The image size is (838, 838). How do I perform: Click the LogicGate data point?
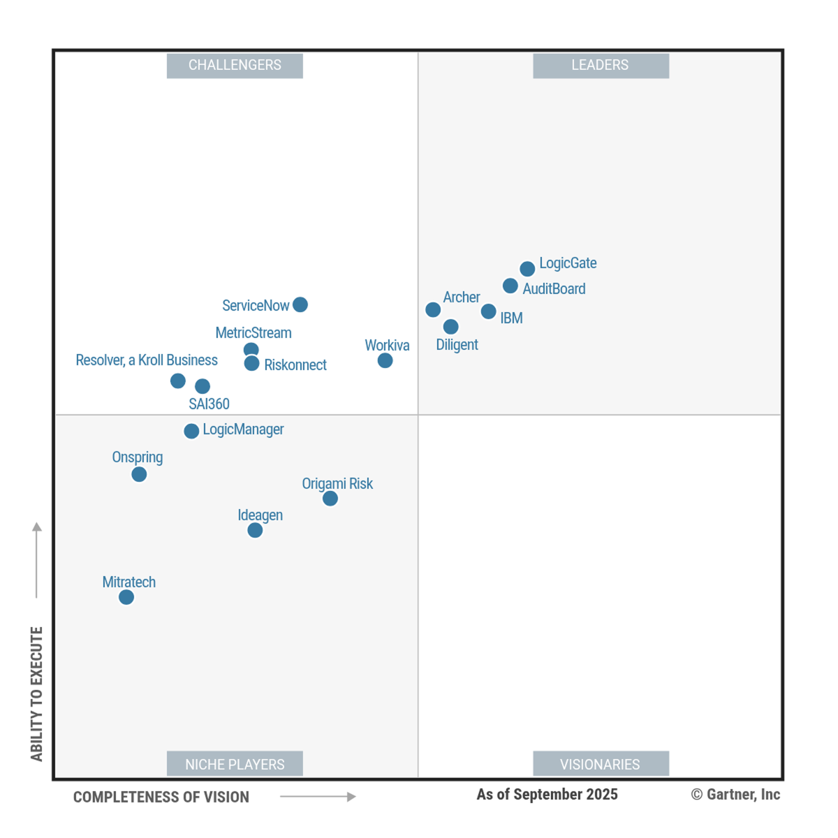click(x=527, y=269)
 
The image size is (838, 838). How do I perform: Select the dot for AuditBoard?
click(x=510, y=286)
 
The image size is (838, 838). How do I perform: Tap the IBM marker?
click(x=489, y=311)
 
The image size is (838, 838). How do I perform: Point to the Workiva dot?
click(x=385, y=360)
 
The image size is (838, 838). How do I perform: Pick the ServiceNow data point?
click(x=300, y=304)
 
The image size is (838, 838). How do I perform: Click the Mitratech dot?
click(x=126, y=597)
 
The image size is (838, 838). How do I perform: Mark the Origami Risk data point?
click(x=330, y=499)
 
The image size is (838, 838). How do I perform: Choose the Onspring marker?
click(x=139, y=474)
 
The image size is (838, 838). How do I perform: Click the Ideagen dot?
click(x=255, y=530)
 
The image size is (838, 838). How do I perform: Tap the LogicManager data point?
click(x=191, y=431)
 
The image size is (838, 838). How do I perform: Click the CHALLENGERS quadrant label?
click(x=235, y=66)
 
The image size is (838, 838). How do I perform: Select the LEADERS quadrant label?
click(x=601, y=66)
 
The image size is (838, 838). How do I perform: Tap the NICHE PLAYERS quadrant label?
click(x=235, y=764)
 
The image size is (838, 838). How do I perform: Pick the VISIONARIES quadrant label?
click(x=601, y=764)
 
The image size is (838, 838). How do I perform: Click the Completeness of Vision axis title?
click(x=161, y=797)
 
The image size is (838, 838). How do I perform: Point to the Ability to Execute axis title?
click(x=37, y=693)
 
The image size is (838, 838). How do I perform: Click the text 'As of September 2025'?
click(x=547, y=795)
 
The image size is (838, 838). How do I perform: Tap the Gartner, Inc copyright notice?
click(x=735, y=795)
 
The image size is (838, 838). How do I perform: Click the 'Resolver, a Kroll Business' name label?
click(x=147, y=360)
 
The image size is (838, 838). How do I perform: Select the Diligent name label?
click(x=457, y=345)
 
